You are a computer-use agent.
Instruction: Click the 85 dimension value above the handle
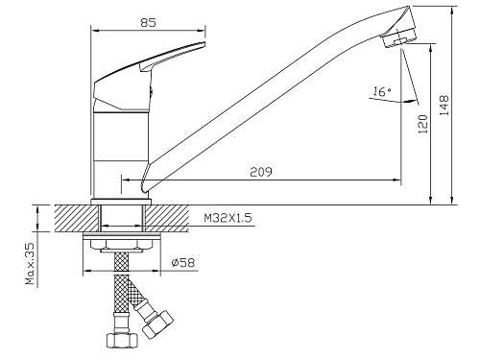pos(148,23)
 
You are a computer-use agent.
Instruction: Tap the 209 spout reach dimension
pos(261,172)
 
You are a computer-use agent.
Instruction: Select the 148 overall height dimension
pos(444,105)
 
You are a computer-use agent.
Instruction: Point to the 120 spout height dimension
pos(423,124)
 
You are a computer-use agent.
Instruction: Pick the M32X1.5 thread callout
pos(228,218)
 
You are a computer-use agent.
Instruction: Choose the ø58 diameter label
pos(182,263)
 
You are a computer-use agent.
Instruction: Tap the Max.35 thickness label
pos(30,264)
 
